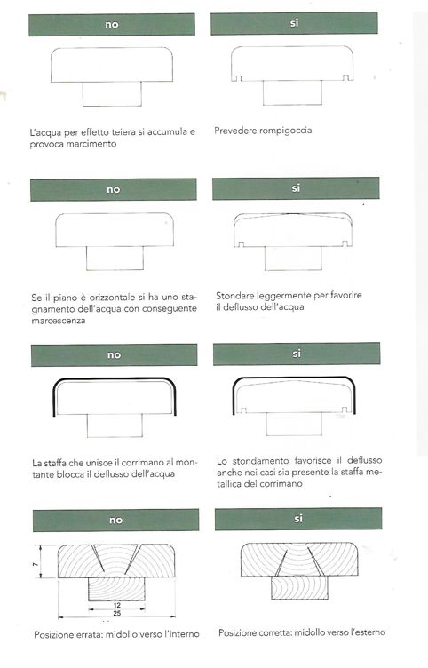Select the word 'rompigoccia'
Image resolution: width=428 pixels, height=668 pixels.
[286, 131]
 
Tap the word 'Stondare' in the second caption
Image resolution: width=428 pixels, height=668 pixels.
[234, 295]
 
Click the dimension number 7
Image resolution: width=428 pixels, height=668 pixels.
[36, 564]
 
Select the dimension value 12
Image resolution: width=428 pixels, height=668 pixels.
[117, 605]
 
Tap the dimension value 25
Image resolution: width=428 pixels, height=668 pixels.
[117, 613]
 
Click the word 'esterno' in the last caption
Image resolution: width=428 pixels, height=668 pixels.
[369, 632]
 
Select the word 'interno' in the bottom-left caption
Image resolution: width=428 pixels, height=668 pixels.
[184, 634]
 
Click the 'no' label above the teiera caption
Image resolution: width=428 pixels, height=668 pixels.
[112, 25]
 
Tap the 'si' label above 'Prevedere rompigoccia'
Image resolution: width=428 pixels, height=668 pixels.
[294, 23]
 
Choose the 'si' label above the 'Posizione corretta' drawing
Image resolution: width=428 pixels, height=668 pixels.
[298, 519]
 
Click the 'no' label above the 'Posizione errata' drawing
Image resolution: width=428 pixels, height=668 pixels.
[115, 521]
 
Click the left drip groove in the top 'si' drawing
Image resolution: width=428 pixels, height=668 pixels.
[239, 78]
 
